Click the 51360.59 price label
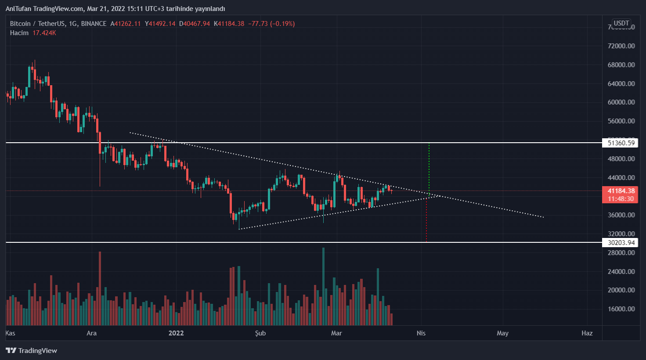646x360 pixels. coord(621,143)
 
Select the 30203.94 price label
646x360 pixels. coord(621,242)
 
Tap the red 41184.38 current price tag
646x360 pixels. coord(621,191)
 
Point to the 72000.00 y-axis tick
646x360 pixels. coord(621,46)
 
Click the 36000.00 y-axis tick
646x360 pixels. coord(621,215)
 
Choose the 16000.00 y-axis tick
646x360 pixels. coord(621,309)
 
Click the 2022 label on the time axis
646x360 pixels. coord(176,333)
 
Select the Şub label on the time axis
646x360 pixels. coord(260,333)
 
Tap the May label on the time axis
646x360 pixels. coord(502,333)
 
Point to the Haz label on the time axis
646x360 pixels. coord(587,333)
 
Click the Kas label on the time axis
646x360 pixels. coord(10,333)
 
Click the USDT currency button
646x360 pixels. coord(621,23)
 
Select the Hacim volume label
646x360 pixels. coord(19,33)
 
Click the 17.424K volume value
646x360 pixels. coord(44,33)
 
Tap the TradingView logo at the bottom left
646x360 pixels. coord(31,350)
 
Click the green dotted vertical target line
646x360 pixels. coord(429,167)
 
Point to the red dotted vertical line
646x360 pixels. coord(426,220)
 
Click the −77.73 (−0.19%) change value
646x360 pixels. coord(271,24)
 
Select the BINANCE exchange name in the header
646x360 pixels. coord(94,24)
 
